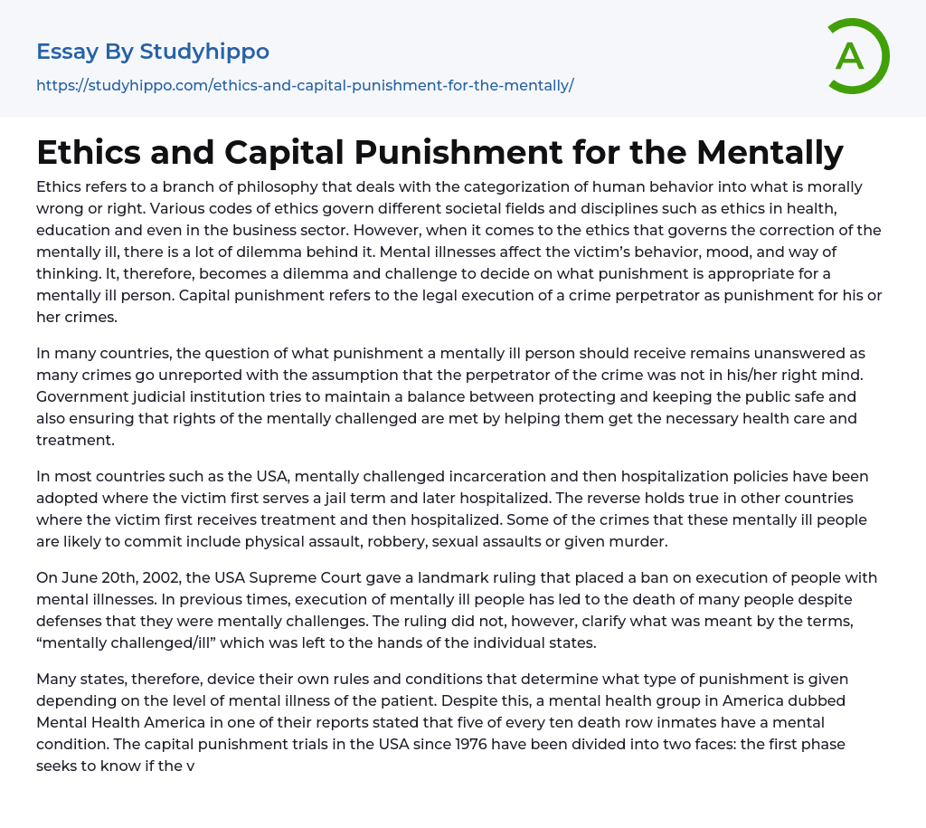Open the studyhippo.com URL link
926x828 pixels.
click(x=305, y=86)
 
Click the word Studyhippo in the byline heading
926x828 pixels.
click(x=204, y=52)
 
